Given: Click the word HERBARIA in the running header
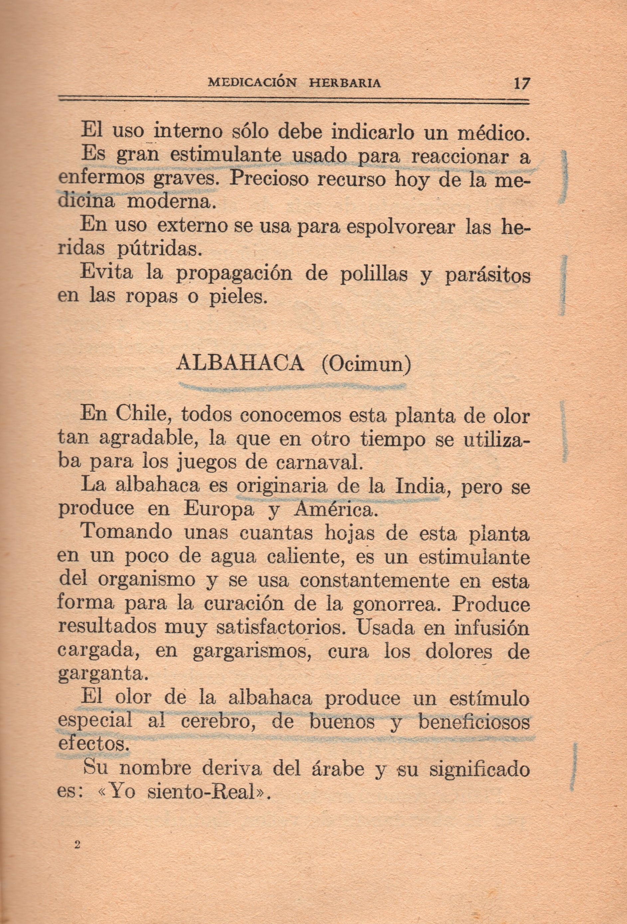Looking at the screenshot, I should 345,83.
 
